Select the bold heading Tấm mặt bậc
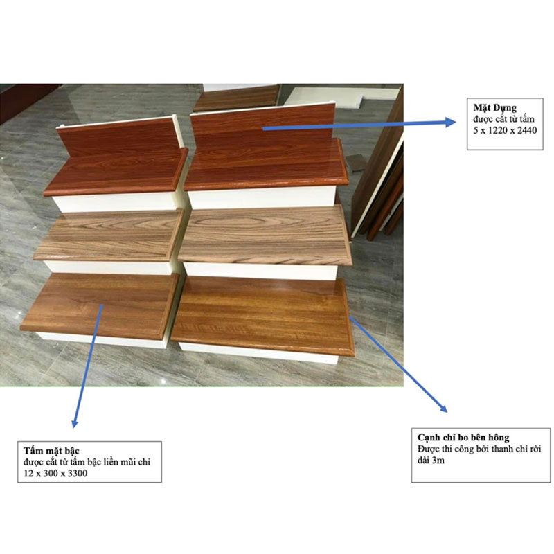tap(51, 451)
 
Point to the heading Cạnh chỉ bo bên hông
tap(463, 438)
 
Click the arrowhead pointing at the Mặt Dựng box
tap(451, 122)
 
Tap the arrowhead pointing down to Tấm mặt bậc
tap(75, 422)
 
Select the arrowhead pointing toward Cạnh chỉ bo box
tap(443, 409)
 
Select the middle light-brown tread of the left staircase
tap(107, 235)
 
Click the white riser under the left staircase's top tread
tap(114, 202)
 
